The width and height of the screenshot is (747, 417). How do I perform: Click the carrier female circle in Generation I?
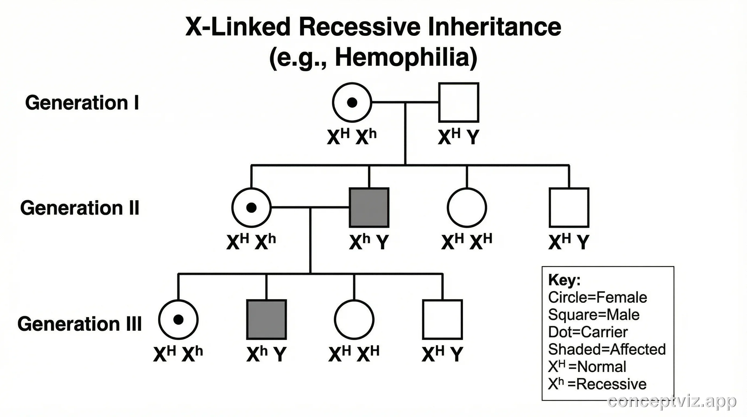click(352, 102)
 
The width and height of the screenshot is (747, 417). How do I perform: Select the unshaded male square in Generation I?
click(458, 102)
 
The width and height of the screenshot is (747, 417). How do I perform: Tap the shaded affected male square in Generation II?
click(369, 208)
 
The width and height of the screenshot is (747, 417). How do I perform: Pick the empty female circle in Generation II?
click(467, 208)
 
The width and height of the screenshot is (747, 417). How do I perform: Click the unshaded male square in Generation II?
click(569, 208)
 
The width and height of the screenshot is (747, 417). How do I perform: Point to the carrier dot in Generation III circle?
click(178, 319)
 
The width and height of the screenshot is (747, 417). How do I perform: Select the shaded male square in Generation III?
click(267, 319)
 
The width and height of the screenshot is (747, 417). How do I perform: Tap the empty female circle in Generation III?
click(354, 319)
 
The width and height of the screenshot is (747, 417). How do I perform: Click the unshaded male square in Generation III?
click(442, 319)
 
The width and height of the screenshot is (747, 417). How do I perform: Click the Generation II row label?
click(80, 208)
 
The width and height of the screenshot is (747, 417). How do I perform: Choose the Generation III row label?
click(80, 324)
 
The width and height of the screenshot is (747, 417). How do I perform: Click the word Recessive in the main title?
click(360, 27)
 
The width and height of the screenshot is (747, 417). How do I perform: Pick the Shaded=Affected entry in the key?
click(607, 349)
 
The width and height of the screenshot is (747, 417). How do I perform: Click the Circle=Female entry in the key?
click(597, 298)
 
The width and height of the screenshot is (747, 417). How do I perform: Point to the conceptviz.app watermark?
click(672, 402)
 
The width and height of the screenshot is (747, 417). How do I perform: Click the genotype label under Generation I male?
click(458, 137)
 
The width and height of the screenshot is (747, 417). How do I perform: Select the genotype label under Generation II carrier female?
click(251, 242)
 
